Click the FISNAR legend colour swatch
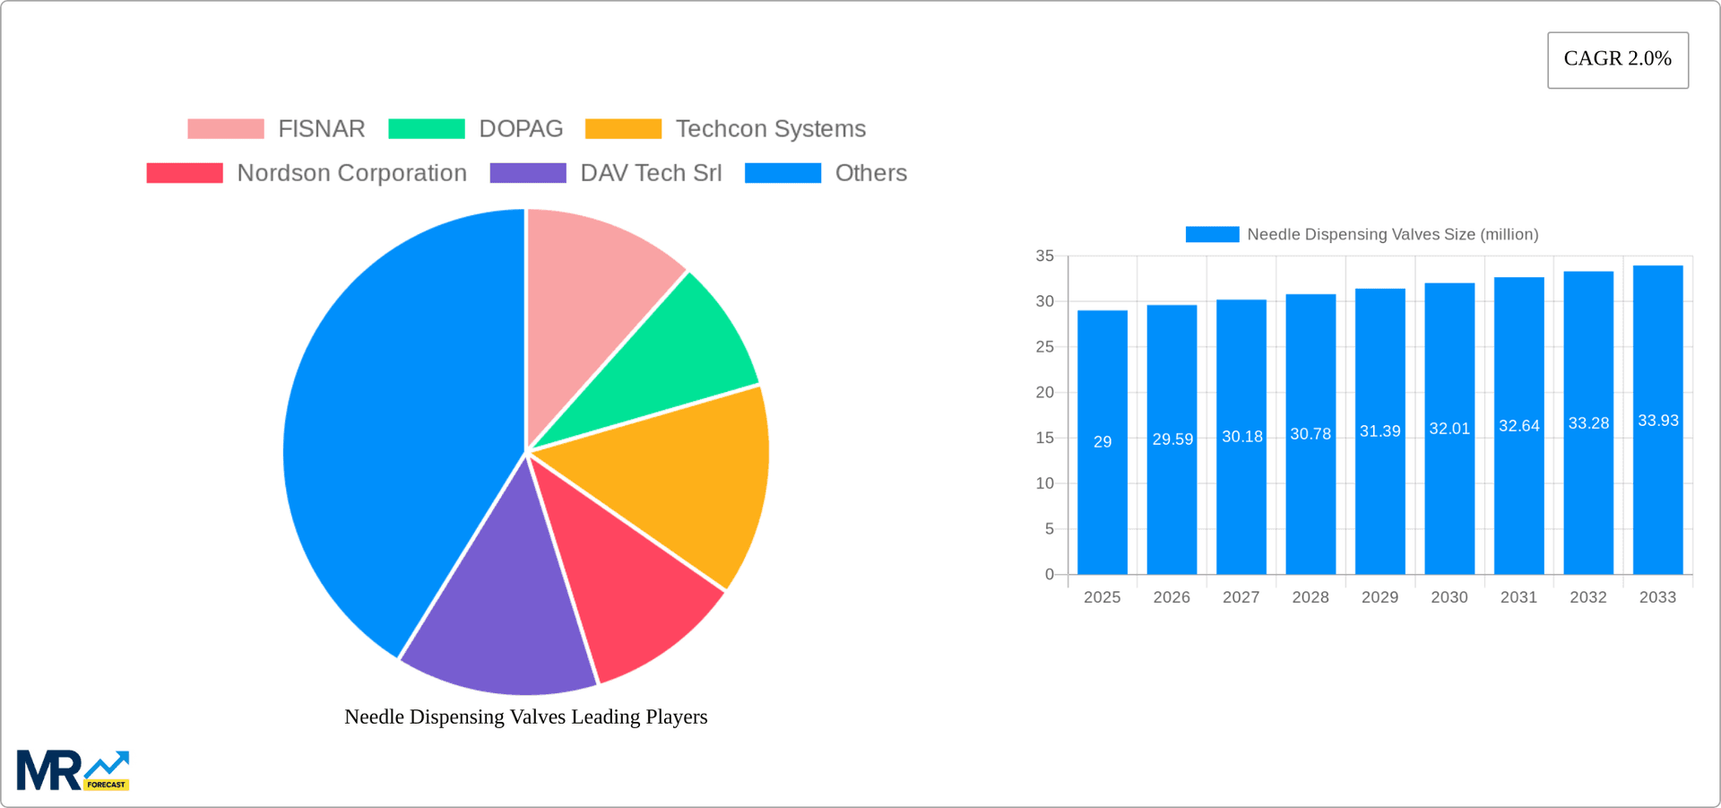(x=226, y=129)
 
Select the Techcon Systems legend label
(x=770, y=129)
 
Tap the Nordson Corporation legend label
(x=351, y=173)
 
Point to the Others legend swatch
(x=783, y=173)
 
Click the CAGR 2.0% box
(x=1617, y=60)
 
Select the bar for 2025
(x=1102, y=502)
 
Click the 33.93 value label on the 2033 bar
(x=1657, y=421)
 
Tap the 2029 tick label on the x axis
(x=1379, y=597)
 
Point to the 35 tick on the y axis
(x=1045, y=256)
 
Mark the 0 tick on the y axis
(x=1050, y=575)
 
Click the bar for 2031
(x=1518, y=502)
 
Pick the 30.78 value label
(x=1310, y=434)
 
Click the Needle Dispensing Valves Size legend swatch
(x=1212, y=234)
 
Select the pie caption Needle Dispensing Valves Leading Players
(x=526, y=717)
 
